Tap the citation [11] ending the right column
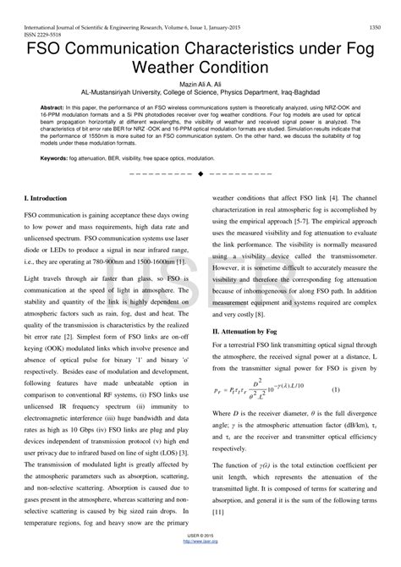(217, 513)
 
